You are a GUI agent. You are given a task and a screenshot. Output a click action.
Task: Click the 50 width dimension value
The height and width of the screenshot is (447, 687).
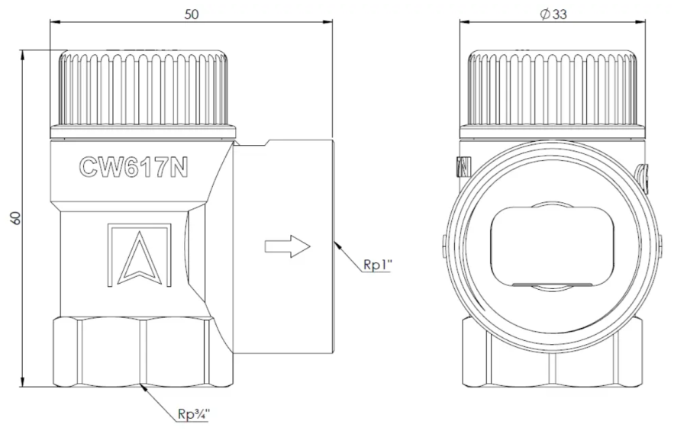[x=191, y=14]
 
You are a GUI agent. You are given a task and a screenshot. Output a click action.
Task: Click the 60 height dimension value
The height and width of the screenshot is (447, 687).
[x=15, y=218]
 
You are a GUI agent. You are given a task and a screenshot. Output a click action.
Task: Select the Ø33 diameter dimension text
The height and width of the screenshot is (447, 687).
[x=553, y=14]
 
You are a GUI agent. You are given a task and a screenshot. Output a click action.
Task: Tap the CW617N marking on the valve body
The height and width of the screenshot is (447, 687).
[x=134, y=167]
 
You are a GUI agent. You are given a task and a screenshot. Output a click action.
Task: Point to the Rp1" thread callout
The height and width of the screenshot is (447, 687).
[x=377, y=265]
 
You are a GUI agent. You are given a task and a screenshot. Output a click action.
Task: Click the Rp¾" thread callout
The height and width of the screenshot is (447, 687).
[x=194, y=413]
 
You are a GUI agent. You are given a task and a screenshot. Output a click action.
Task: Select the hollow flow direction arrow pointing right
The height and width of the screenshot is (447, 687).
[x=288, y=246]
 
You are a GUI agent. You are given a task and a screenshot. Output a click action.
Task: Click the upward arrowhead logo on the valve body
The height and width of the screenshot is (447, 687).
[x=140, y=256]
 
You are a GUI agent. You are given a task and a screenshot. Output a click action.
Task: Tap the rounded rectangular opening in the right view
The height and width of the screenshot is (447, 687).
[x=552, y=246]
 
